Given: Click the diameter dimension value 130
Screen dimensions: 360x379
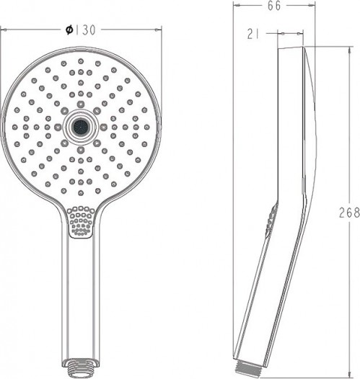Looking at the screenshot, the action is click(x=86, y=30).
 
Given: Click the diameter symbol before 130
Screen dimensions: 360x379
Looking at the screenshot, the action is click(x=69, y=30).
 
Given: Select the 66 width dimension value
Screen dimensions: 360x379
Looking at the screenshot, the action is click(x=274, y=6).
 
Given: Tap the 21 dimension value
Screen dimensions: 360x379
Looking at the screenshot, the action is click(x=253, y=34).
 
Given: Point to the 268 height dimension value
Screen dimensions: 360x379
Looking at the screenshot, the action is click(x=349, y=213).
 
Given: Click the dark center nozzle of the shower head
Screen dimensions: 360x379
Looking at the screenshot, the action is click(x=81, y=126).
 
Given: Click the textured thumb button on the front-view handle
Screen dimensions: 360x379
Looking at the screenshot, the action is click(x=81, y=221).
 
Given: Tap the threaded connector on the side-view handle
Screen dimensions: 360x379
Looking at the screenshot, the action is click(x=247, y=366).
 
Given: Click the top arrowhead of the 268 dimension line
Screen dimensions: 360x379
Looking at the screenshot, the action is click(x=349, y=50).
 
